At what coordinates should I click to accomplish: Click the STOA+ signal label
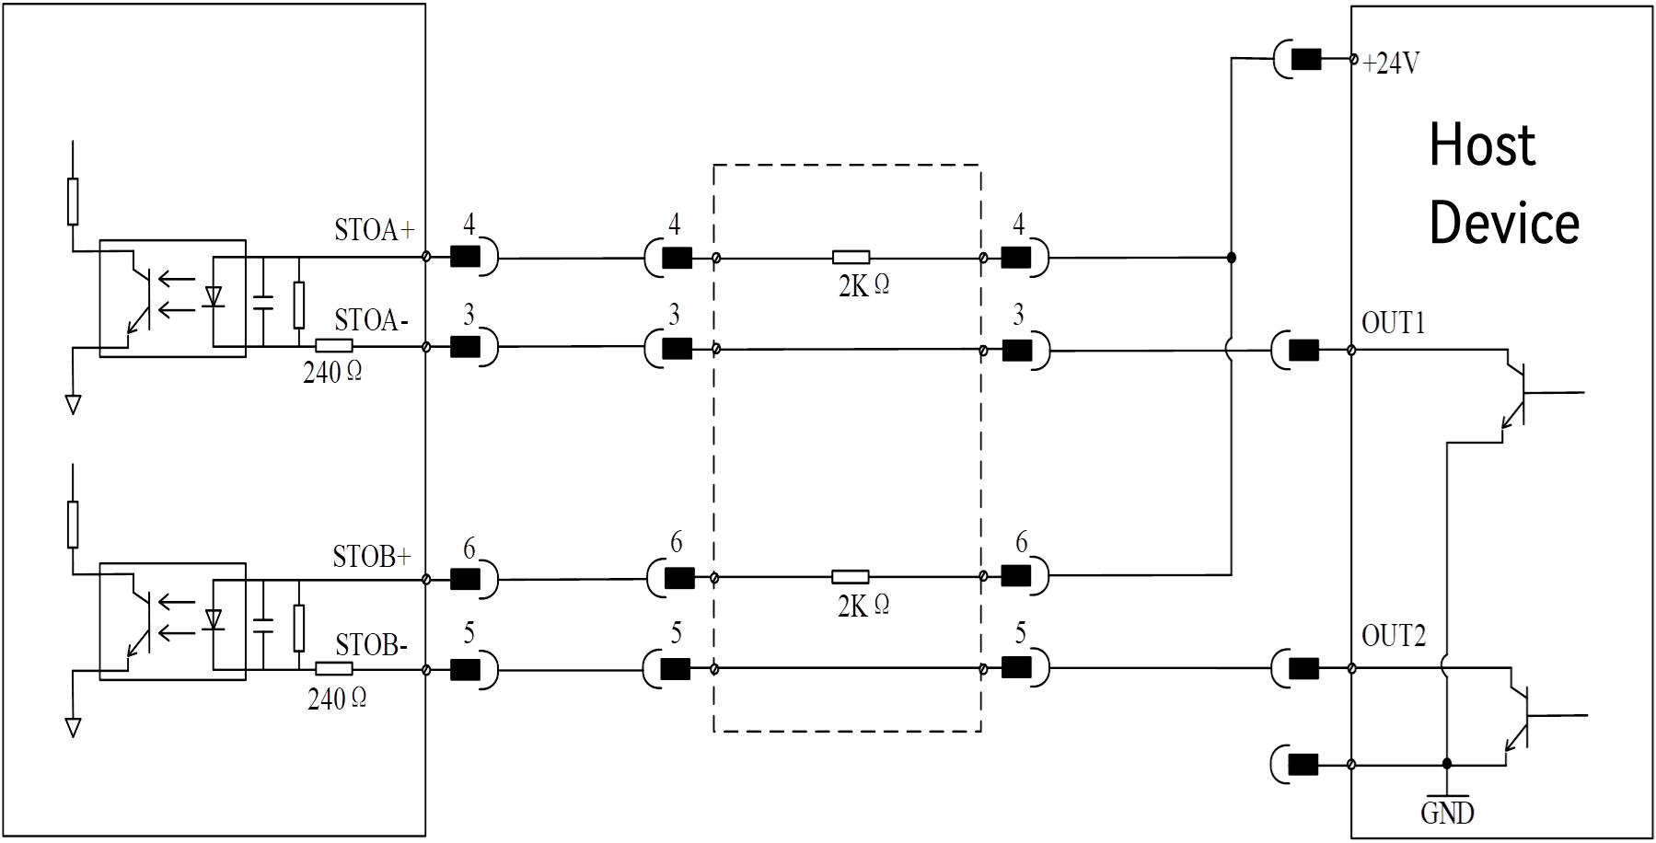[375, 230]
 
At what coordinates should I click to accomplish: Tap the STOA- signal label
[372, 320]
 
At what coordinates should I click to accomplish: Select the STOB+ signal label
[372, 557]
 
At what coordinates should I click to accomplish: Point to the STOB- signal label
[371, 644]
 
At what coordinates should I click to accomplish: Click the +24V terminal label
[1392, 64]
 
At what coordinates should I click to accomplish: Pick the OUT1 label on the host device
[1394, 322]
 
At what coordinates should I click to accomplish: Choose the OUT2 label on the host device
[1394, 635]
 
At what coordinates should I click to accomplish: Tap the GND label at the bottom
[1447, 814]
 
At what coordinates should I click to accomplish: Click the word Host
[1482, 144]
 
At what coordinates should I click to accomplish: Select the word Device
[1504, 223]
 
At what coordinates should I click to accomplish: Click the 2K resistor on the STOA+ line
[851, 258]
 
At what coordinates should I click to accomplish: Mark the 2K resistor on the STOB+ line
[850, 577]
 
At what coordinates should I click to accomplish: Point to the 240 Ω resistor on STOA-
[333, 346]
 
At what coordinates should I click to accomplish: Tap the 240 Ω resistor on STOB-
[333, 669]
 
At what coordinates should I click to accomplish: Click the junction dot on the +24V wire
[1232, 258]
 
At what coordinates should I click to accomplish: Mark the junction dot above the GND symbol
[1447, 764]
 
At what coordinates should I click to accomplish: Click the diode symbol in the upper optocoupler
[214, 296]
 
